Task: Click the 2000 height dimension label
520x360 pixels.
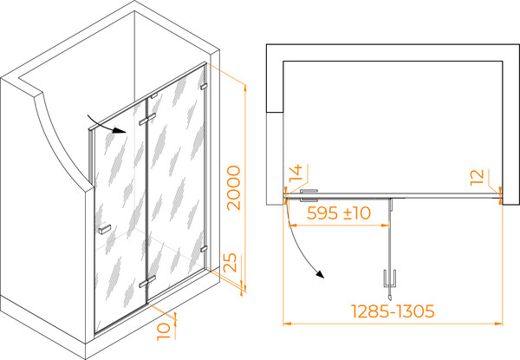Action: tap(234, 187)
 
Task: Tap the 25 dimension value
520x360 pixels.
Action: tap(231, 263)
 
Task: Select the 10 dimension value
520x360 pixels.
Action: tap(164, 331)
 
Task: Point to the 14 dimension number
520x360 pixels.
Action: tap(296, 173)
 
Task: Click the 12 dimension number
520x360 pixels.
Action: tap(478, 176)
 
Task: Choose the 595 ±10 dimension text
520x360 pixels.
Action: tap(339, 213)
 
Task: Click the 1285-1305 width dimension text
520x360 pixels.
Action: tap(393, 311)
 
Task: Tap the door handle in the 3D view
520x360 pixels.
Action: tap(105, 229)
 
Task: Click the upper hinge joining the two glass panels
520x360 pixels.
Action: tap(147, 120)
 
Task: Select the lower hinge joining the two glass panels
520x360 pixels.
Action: tap(147, 281)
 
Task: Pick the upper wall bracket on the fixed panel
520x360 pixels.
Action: tap(204, 87)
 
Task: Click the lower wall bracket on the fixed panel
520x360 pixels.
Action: tap(204, 249)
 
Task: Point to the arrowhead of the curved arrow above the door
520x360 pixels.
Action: tap(120, 130)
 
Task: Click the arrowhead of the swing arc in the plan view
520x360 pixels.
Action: tap(319, 274)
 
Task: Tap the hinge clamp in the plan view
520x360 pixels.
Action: tap(309, 195)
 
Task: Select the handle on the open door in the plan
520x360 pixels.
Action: tap(390, 283)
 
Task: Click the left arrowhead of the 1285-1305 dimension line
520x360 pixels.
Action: tap(287, 324)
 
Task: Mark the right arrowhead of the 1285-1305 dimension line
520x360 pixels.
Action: tap(499, 324)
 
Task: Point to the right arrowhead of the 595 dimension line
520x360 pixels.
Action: tap(386, 226)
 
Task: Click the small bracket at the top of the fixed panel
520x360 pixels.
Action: tap(154, 96)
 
